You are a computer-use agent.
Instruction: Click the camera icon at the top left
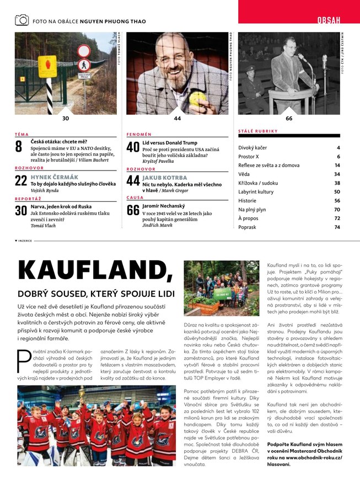click(22, 20)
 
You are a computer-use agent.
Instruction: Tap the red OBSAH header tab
click(329, 20)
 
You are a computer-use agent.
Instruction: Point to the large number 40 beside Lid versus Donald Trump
click(133, 147)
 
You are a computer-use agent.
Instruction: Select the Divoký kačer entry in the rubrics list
click(252, 148)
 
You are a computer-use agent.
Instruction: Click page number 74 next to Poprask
click(337, 227)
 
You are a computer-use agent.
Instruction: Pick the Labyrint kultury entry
click(256, 191)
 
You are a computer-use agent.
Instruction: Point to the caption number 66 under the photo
click(289, 119)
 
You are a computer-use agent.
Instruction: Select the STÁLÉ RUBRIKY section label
click(258, 131)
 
